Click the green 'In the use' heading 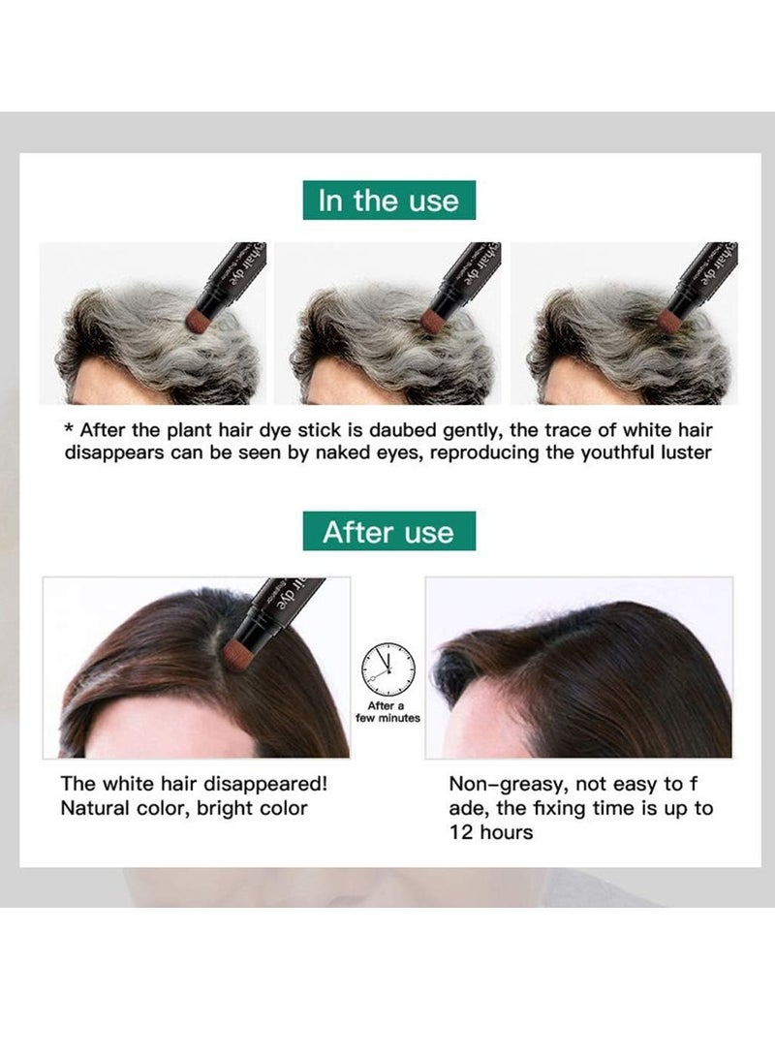tap(387, 201)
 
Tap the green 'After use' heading tap(387, 531)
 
